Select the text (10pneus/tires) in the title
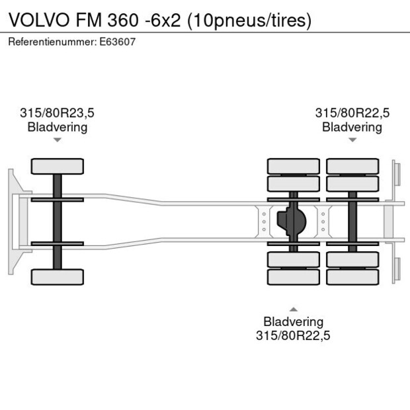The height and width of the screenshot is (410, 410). [x=249, y=20]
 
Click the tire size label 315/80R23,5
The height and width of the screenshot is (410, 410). [x=57, y=113]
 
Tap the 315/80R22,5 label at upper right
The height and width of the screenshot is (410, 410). [x=352, y=113]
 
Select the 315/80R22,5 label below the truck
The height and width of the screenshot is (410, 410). [x=293, y=335]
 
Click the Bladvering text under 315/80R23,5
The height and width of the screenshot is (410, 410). [x=57, y=126]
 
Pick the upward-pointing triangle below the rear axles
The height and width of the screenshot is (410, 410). [x=293, y=309]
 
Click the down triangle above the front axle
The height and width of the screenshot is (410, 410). [x=57, y=140]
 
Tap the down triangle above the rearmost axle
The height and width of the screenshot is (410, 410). [x=352, y=140]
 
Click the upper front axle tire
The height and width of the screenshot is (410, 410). [x=57, y=166]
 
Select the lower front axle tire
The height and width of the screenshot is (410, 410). [x=57, y=276]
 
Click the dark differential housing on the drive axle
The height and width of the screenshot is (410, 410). [x=292, y=222]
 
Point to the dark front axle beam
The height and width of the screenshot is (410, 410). [x=57, y=222]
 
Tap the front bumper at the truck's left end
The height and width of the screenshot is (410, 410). [x=12, y=222]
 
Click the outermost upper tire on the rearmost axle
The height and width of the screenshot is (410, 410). [x=352, y=166]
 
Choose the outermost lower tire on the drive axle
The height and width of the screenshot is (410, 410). [x=293, y=276]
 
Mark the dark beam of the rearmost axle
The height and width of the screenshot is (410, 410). [x=352, y=222]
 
